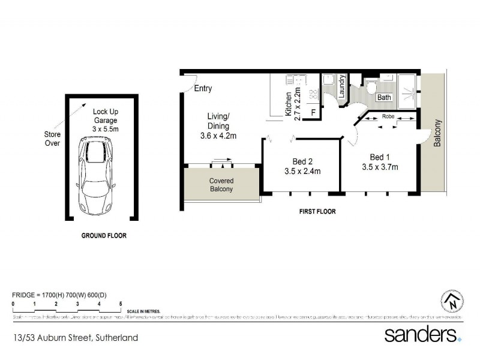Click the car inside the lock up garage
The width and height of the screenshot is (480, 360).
click(97, 176)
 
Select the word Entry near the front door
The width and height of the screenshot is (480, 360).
click(203, 89)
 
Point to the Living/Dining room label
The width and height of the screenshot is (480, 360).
click(218, 126)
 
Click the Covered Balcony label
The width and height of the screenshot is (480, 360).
click(221, 185)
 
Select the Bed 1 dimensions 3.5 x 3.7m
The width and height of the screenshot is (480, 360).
click(380, 167)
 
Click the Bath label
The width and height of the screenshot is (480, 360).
click(384, 97)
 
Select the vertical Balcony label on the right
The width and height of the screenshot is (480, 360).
click(437, 133)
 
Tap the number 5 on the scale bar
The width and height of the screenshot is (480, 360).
click(121, 304)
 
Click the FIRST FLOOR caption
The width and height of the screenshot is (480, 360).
click(317, 212)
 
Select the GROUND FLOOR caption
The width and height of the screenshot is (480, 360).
click(104, 236)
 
